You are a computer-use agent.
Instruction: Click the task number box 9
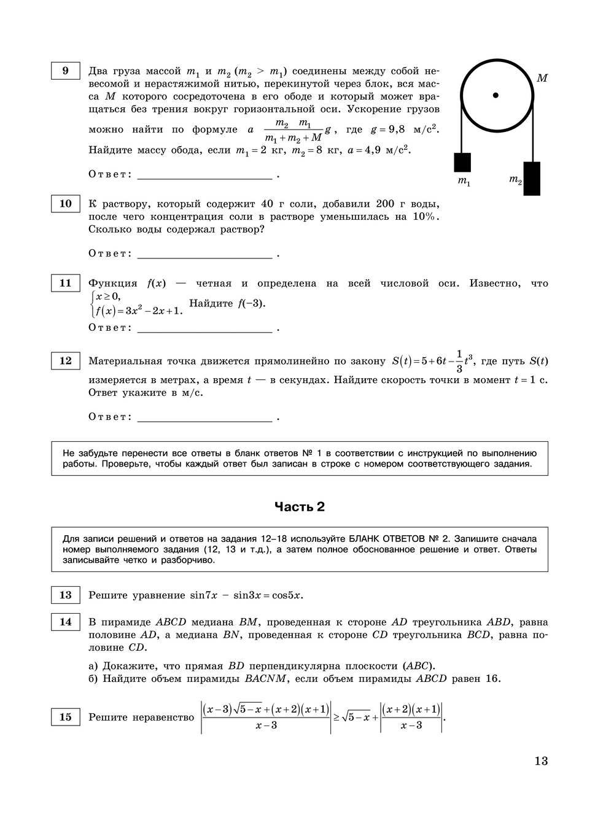[x=65, y=71]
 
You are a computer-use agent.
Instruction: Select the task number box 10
[x=65, y=204]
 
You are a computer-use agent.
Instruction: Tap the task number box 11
[x=65, y=283]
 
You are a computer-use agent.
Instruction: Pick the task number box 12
[x=65, y=361]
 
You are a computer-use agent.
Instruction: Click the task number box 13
[x=65, y=595]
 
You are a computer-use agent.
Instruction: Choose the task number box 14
[x=65, y=622]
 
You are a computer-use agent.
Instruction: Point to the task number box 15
[x=65, y=717]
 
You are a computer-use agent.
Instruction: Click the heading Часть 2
[x=300, y=506]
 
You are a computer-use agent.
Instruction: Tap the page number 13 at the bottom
[x=540, y=761]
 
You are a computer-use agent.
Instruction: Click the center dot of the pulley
[x=495, y=95]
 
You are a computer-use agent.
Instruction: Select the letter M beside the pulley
[x=542, y=79]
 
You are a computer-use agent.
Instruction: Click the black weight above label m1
[x=462, y=162]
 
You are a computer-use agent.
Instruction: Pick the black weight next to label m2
[x=532, y=179]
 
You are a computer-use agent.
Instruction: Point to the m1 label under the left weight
[x=464, y=182]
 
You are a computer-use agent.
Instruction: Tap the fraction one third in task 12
[x=459, y=362]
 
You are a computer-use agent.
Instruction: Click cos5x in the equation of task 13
[x=288, y=595]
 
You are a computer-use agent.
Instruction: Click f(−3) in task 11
[x=251, y=303]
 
